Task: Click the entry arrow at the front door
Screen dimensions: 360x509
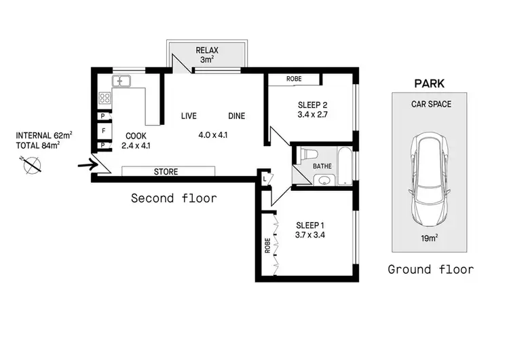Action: (86, 164)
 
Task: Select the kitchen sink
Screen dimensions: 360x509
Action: (122, 82)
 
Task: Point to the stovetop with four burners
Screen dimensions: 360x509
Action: (105, 98)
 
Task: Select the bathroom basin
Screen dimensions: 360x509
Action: (322, 181)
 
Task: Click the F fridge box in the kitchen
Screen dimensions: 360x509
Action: (103, 130)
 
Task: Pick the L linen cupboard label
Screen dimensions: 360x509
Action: (264, 179)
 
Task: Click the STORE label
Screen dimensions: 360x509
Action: (166, 172)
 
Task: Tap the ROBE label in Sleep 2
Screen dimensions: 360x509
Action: (294, 79)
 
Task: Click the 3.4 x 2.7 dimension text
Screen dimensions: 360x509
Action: (313, 116)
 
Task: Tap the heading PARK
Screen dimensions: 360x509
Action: (429, 84)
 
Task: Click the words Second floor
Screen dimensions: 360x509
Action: (174, 198)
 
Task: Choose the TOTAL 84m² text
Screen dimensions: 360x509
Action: (37, 144)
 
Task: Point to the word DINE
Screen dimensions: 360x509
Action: (236, 116)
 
